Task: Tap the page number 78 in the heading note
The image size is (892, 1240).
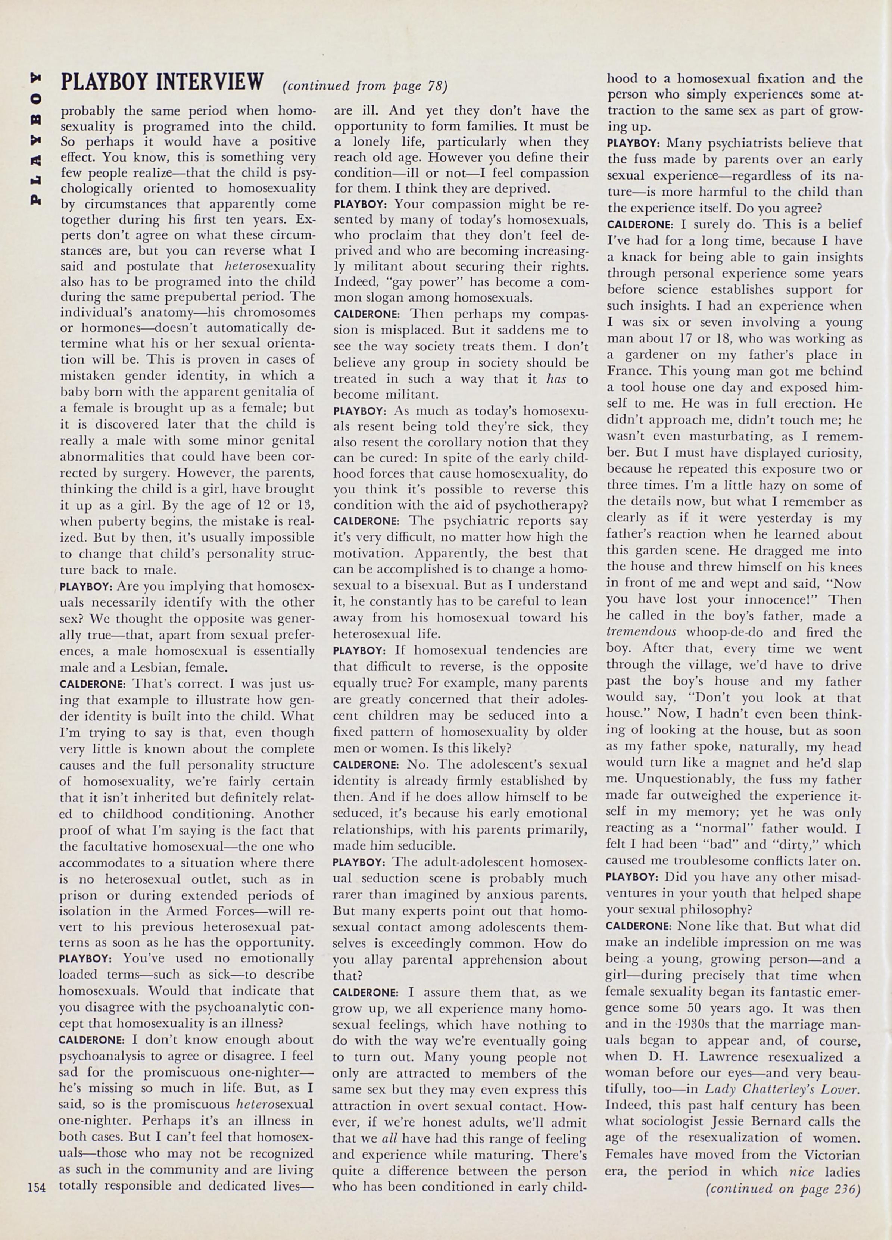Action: (435, 86)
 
